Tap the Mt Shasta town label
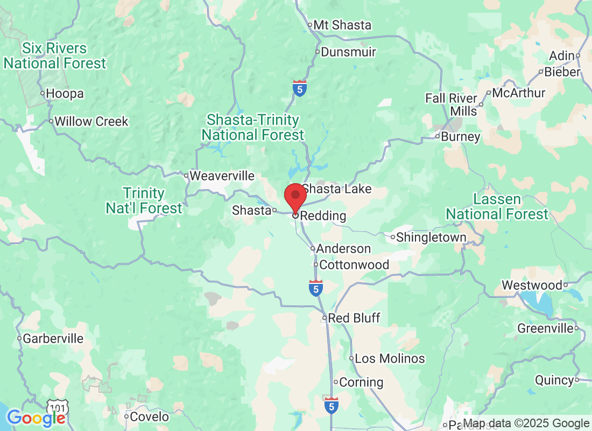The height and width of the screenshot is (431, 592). [x=342, y=25]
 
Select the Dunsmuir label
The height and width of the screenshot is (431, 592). [x=348, y=53]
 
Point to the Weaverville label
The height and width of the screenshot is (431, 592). [x=222, y=176]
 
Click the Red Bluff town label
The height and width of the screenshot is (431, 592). [x=354, y=318]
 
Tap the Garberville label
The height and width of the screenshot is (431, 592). [x=53, y=339]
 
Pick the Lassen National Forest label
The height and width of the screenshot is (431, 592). [x=497, y=207]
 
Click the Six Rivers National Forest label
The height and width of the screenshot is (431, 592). [x=55, y=56]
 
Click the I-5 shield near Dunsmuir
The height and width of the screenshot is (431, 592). [x=300, y=88]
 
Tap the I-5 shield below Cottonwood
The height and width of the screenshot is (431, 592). [x=316, y=288]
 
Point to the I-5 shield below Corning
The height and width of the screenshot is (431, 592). [x=332, y=405]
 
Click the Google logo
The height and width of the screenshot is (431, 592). [x=37, y=418]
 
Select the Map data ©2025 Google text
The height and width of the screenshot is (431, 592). [x=526, y=423]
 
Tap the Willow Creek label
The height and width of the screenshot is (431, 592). [x=91, y=122]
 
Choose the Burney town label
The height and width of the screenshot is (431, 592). [x=460, y=137]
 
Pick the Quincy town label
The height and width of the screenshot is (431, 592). [x=554, y=380]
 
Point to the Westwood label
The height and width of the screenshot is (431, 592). [x=532, y=285]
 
